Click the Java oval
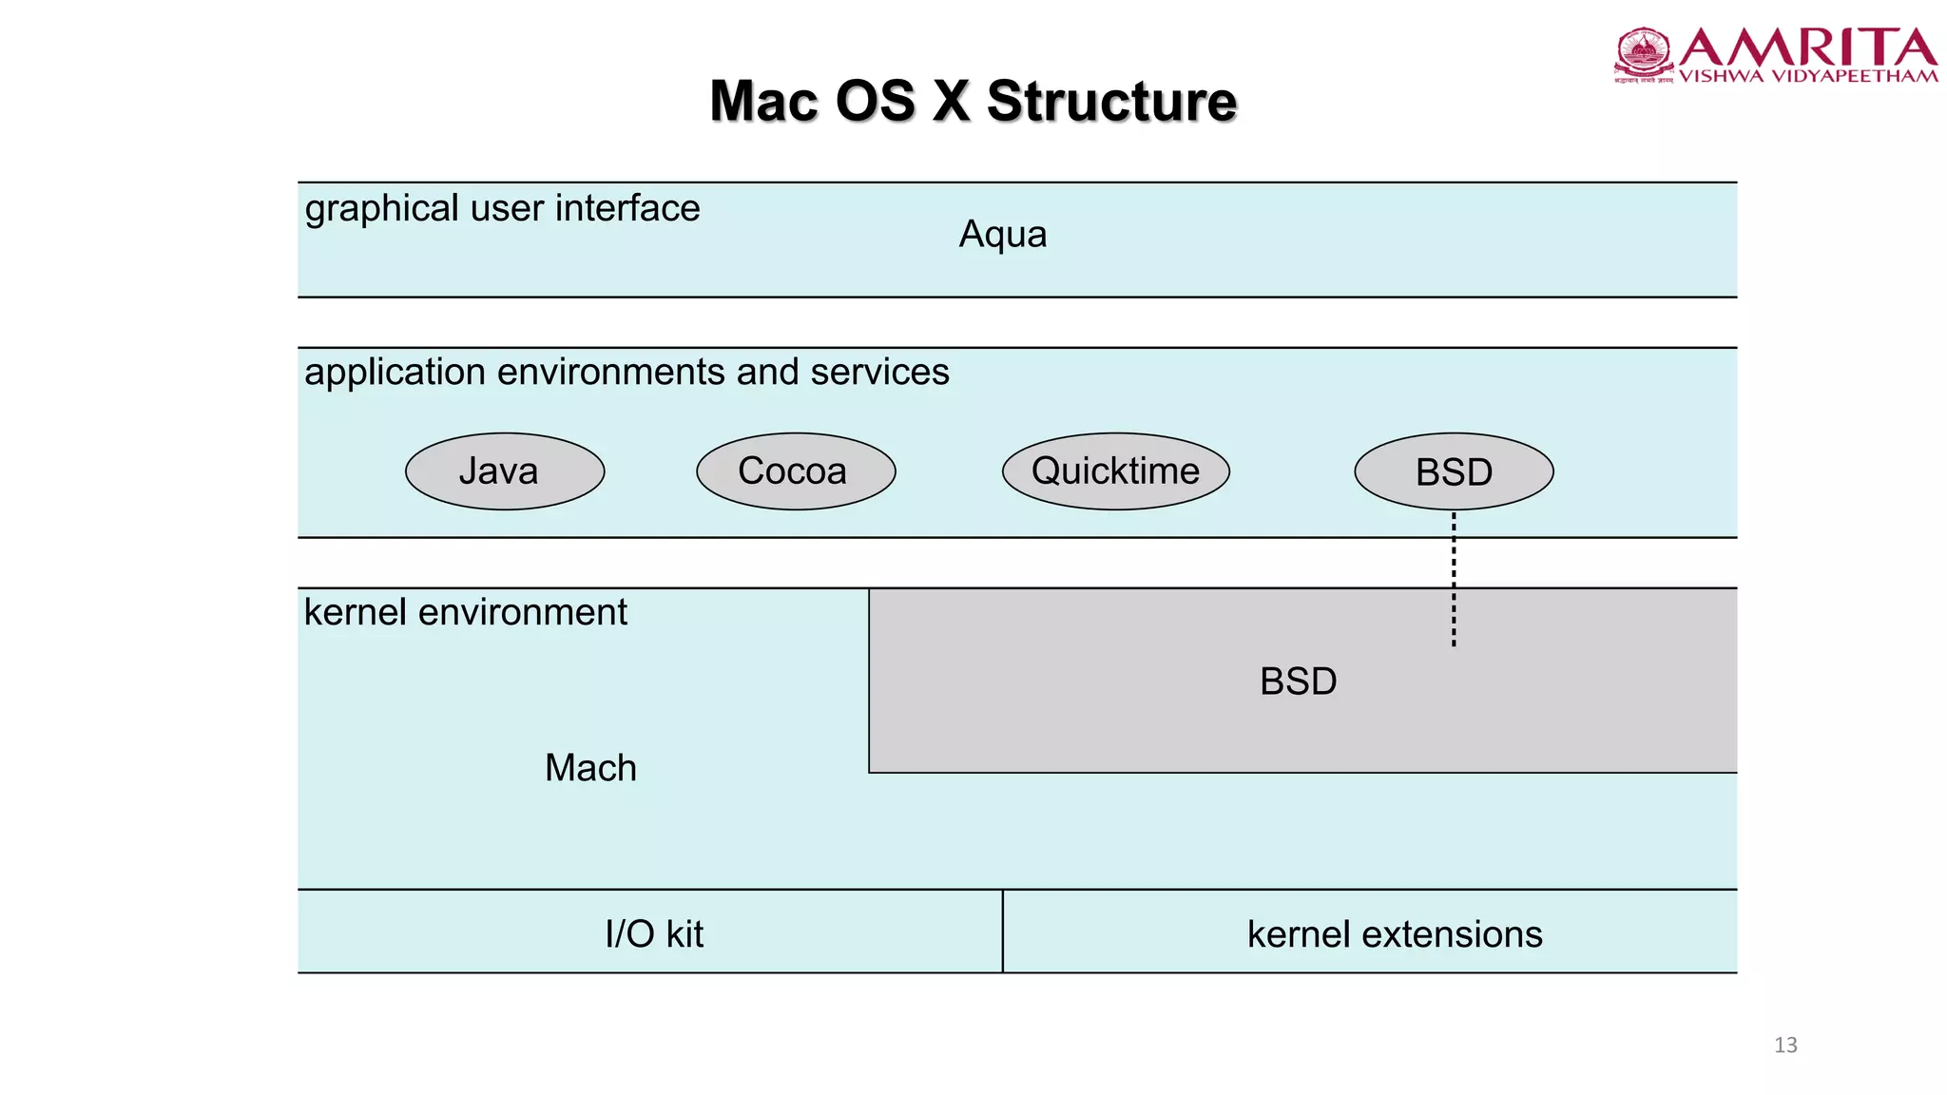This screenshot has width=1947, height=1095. click(x=505, y=471)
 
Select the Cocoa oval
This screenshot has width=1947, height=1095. click(x=796, y=471)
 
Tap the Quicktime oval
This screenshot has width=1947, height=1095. click(x=1115, y=471)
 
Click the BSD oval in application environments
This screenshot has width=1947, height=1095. click(x=1454, y=472)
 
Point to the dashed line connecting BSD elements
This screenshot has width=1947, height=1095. click(x=1454, y=580)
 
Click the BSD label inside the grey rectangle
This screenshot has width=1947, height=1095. click(x=1298, y=682)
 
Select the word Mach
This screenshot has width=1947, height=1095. click(x=590, y=768)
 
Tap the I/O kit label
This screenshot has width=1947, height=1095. click(x=654, y=934)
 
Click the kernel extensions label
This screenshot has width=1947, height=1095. click(x=1395, y=934)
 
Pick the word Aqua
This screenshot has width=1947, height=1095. click(x=1002, y=235)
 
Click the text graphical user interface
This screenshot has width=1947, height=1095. click(x=502, y=208)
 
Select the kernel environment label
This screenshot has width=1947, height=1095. click(x=465, y=612)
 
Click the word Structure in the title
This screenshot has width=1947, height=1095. click(x=1111, y=102)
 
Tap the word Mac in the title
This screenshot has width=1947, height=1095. click(x=764, y=102)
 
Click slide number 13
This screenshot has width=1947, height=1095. click(x=1785, y=1045)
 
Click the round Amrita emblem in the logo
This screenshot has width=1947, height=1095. click(x=1644, y=52)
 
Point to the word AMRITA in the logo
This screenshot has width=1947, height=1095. click(x=1807, y=48)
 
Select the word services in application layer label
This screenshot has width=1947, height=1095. click(x=879, y=372)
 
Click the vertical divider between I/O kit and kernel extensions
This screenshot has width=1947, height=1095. click(x=1002, y=932)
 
